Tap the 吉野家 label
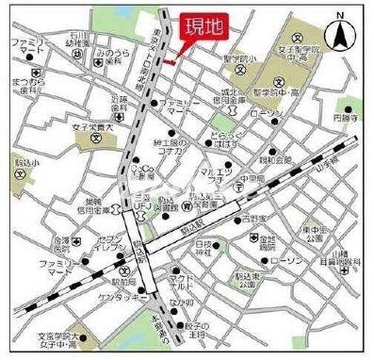(x=250, y=216)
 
